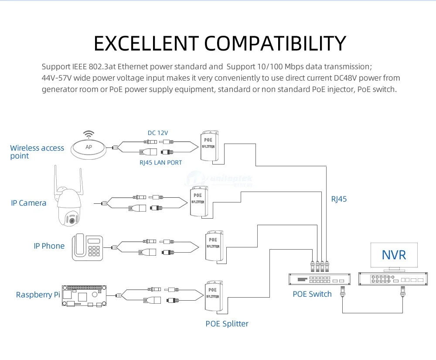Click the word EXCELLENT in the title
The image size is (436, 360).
click(x=146, y=43)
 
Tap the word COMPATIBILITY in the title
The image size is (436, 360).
click(x=275, y=43)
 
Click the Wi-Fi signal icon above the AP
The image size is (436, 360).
click(x=89, y=135)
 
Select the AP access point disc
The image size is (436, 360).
click(x=89, y=149)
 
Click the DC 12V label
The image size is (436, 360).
click(x=158, y=133)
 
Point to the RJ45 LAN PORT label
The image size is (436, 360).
click(x=161, y=162)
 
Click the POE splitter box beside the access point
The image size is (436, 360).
click(x=209, y=146)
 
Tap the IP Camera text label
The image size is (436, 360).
click(x=29, y=203)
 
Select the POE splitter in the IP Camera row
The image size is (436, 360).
click(x=199, y=202)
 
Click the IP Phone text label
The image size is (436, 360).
click(x=49, y=246)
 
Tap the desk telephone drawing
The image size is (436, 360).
click(x=87, y=247)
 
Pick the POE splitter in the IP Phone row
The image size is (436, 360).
click(x=214, y=246)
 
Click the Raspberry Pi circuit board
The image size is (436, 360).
click(x=84, y=296)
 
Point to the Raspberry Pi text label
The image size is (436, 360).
click(x=38, y=295)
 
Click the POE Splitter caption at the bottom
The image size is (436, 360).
click(x=227, y=324)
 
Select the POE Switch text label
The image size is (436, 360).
click(x=312, y=294)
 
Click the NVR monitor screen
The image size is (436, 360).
click(x=394, y=255)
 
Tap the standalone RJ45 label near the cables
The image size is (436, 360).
click(x=339, y=199)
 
